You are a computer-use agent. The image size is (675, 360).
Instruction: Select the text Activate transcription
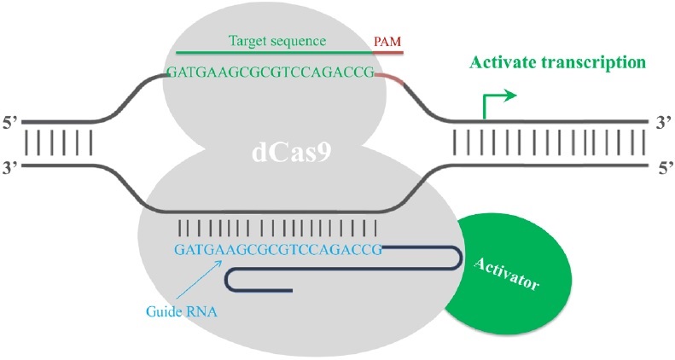pos(554,63)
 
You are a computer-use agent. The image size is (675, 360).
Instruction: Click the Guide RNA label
pos(182,312)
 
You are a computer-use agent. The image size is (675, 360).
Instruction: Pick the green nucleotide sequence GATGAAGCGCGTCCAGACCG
pos(271,74)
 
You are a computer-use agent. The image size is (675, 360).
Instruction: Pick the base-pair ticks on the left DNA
pos(58,142)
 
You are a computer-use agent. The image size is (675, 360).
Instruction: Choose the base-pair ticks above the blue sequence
pos(277,228)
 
